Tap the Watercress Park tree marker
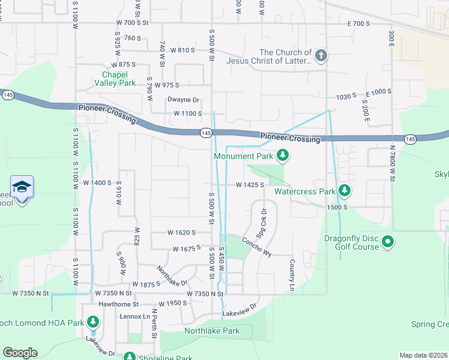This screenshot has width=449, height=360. tap(344, 191)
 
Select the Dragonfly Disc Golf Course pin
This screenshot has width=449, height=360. tap(387, 242)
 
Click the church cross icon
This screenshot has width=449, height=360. tap(321, 56)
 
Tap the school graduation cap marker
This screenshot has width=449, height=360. tap(22, 187)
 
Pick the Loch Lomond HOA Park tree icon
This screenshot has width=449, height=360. tap(92, 323)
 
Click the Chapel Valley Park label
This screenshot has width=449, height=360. tap(115, 79)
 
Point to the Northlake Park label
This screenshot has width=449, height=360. tap(211, 331)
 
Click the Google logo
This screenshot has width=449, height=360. tap(19, 353)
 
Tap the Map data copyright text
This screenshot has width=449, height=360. tap(424, 355)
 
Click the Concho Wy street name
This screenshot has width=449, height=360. tap(257, 246)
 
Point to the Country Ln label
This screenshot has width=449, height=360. tap(292, 272)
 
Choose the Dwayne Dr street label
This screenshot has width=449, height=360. tap(183, 100)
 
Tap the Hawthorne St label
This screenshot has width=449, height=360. tap(118, 304)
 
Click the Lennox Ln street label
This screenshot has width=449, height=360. tap(134, 316)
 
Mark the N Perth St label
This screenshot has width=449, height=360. tap(154, 322)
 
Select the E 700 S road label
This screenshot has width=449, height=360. tap(359, 23)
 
